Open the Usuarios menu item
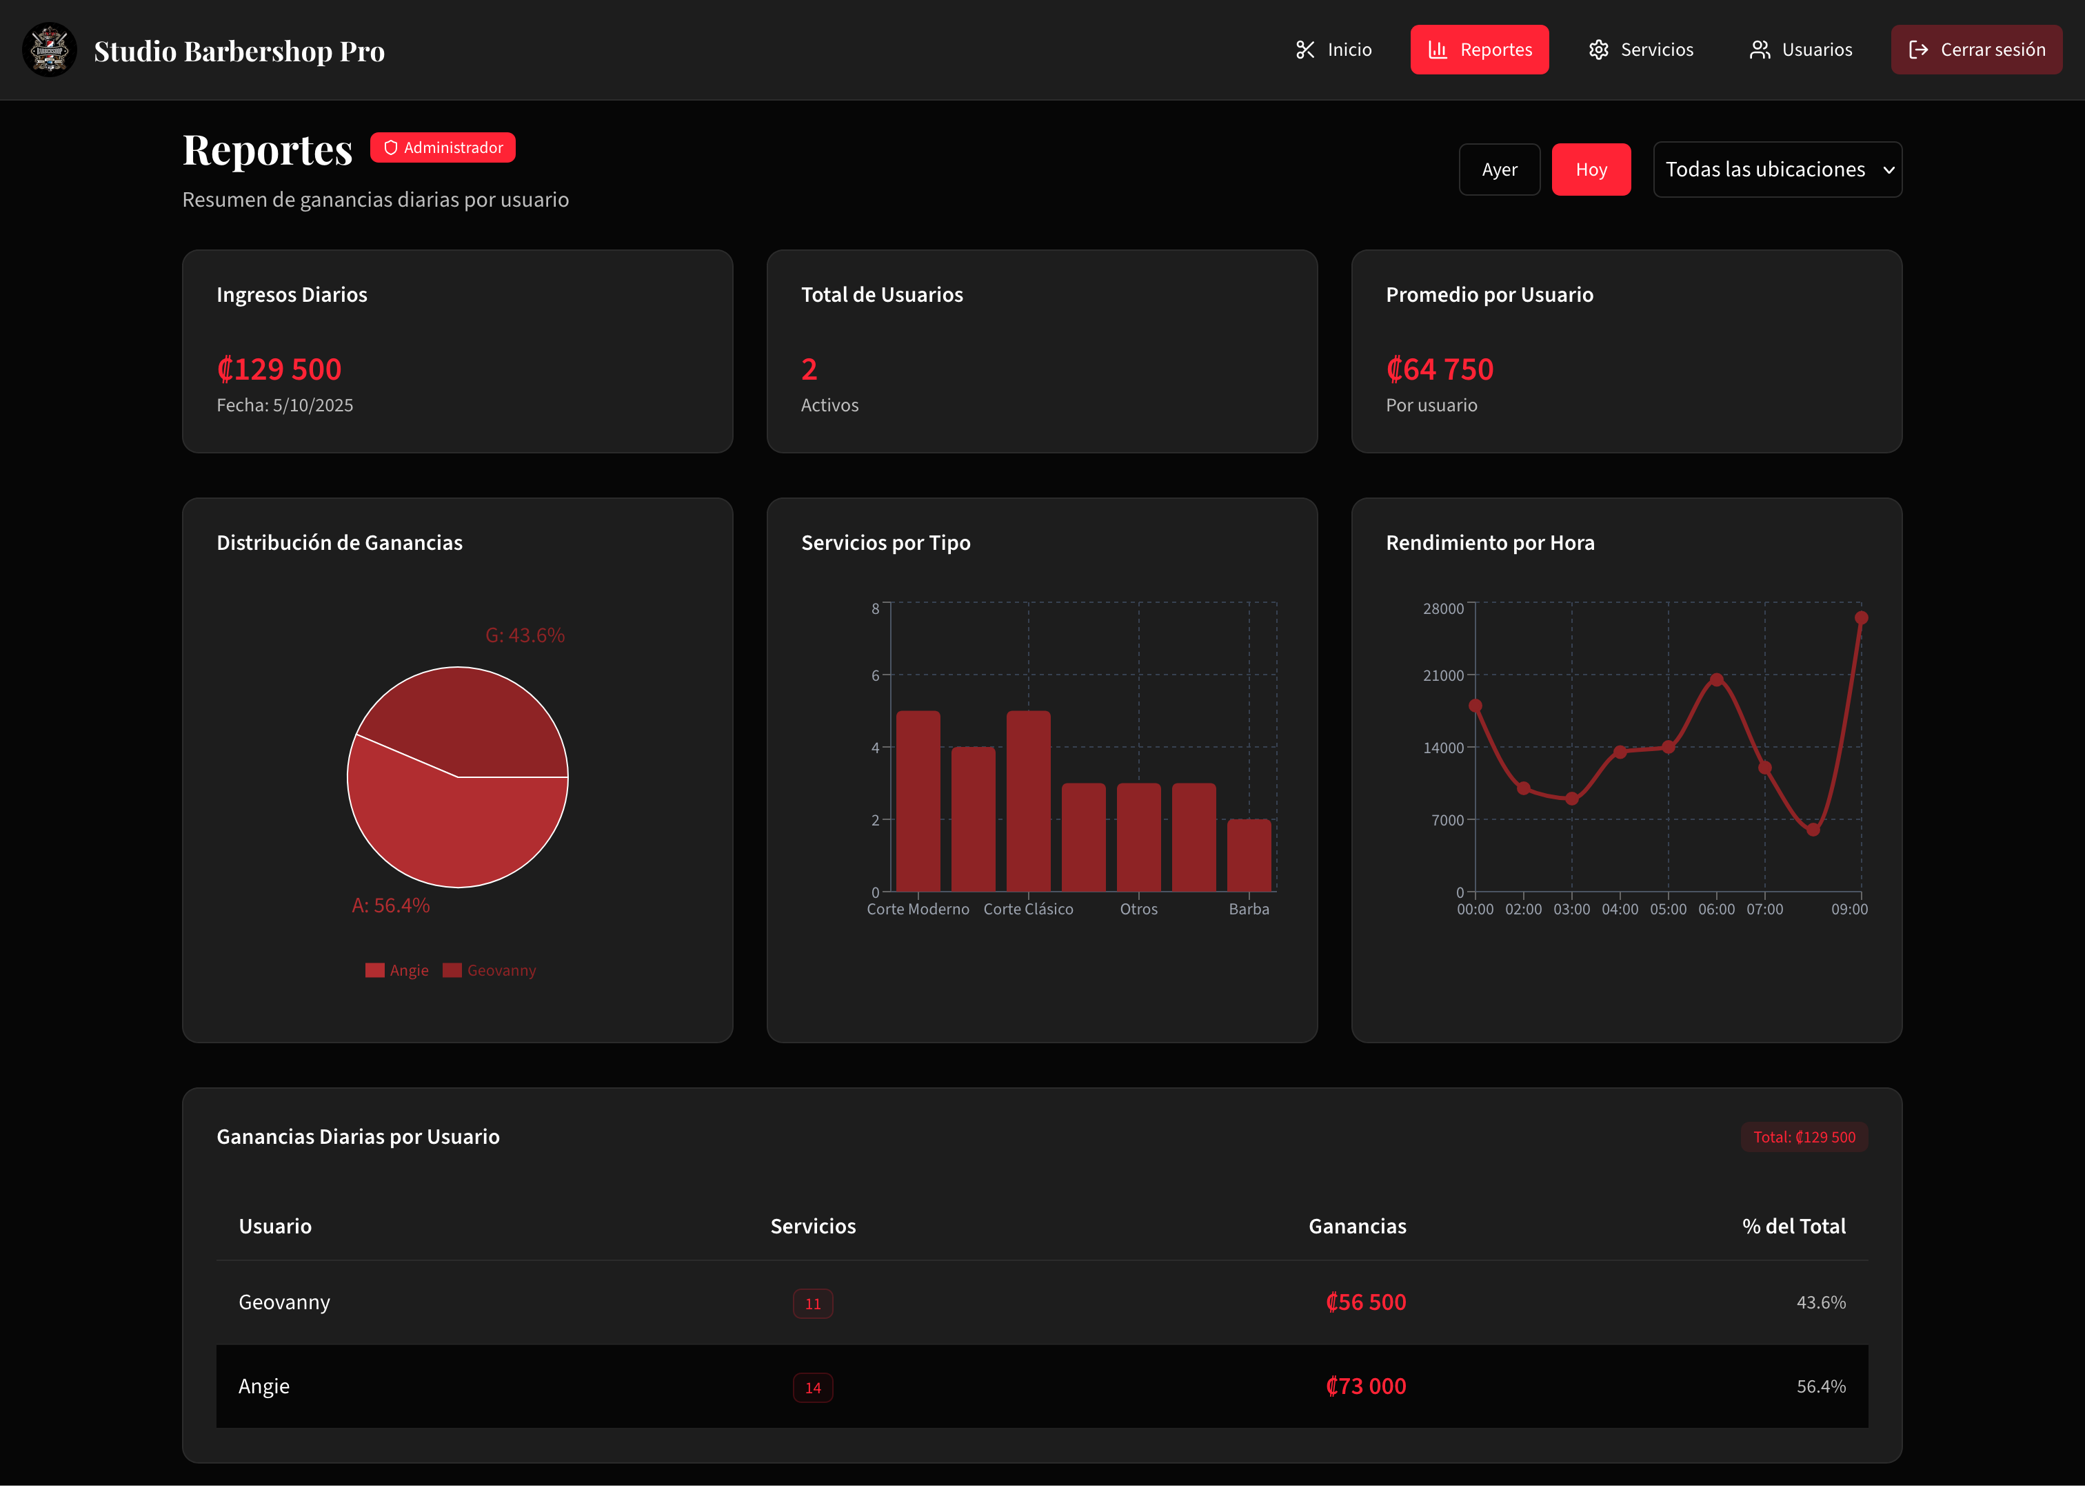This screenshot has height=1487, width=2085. pos(1800,50)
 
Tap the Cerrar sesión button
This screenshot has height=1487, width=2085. pos(1976,50)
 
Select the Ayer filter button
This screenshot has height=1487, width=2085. pos(1499,170)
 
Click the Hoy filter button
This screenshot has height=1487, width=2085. pos(1591,170)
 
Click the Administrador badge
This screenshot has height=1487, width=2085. pos(443,147)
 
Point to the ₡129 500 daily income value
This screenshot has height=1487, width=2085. pos(279,369)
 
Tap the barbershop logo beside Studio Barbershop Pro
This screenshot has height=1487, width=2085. pos(50,50)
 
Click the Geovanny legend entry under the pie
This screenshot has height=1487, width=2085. pos(490,971)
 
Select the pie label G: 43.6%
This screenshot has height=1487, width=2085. pos(525,635)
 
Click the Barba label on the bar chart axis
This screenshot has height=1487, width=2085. pos(1249,910)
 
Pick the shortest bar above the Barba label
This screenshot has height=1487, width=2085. pos(1249,855)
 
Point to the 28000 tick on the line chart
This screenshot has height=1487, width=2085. pos(1443,609)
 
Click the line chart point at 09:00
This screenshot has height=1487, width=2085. pos(1860,618)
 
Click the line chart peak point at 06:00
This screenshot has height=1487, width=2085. pos(1716,679)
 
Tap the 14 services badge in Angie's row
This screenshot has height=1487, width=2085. pos(813,1387)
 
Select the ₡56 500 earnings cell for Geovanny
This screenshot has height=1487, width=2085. pos(1365,1302)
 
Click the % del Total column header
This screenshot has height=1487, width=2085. pos(1793,1226)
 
